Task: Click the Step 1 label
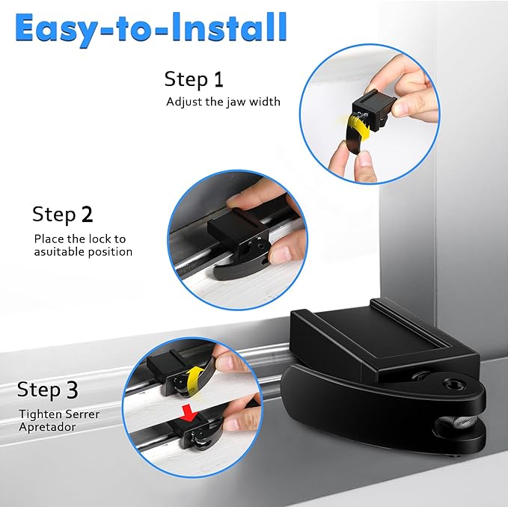(194, 79)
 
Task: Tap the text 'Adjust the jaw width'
(223, 101)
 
